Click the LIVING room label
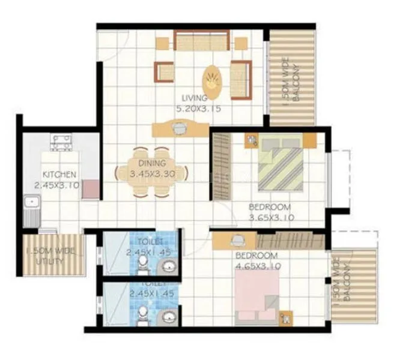(196, 97)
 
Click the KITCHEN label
(59, 175)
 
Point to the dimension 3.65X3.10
(271, 218)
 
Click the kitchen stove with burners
(61, 142)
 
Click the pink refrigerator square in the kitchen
(91, 189)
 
